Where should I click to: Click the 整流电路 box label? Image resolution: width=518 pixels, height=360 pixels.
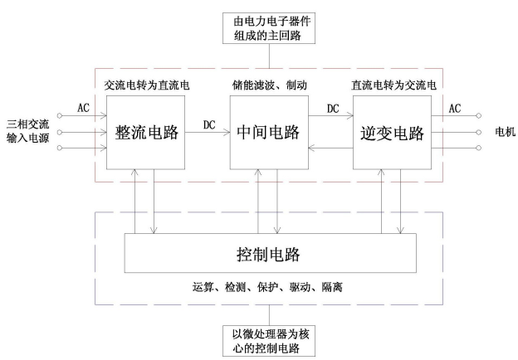coord(146,133)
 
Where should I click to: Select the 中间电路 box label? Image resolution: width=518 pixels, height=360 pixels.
coord(269,133)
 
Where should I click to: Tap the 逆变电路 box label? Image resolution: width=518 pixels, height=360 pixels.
coord(392,134)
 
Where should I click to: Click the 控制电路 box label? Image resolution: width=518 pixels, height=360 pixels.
coord(269,254)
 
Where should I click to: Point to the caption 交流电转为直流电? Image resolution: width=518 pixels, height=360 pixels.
coord(147,85)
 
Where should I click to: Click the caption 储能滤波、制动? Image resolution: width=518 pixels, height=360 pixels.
coord(270,85)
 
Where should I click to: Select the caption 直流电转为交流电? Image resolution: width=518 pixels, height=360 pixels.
coord(393,85)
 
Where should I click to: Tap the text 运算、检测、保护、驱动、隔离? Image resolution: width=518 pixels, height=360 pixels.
coord(267,287)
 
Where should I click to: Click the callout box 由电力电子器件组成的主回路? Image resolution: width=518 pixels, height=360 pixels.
coord(269,28)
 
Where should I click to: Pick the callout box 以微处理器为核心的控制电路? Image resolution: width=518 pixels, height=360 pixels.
coord(269,341)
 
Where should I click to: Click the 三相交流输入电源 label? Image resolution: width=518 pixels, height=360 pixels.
coord(27,131)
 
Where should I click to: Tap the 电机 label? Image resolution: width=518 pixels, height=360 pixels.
coord(505,132)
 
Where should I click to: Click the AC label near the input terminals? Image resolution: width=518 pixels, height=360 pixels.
coord(84,108)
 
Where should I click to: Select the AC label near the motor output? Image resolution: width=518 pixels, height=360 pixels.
coord(455,108)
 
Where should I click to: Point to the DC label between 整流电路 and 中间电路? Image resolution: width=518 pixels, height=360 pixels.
coord(209,124)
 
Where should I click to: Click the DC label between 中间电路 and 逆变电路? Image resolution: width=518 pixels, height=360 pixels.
coord(333,109)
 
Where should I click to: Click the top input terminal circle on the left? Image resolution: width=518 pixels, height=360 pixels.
coord(60,115)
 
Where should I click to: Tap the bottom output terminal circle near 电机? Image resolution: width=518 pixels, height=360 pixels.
coord(478,148)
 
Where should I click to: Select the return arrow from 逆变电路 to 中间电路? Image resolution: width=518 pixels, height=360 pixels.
coord(330,148)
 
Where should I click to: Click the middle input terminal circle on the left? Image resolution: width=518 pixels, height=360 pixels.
coord(60,133)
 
